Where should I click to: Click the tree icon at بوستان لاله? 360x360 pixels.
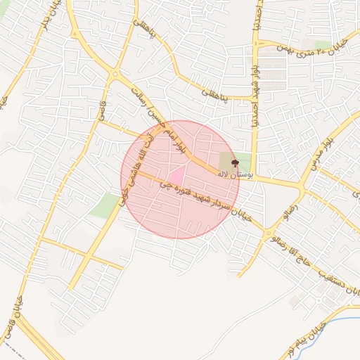(x=235, y=163)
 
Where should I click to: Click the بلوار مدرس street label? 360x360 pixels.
(x=322, y=155)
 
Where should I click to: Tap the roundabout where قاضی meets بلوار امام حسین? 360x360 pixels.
(x=115, y=73)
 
